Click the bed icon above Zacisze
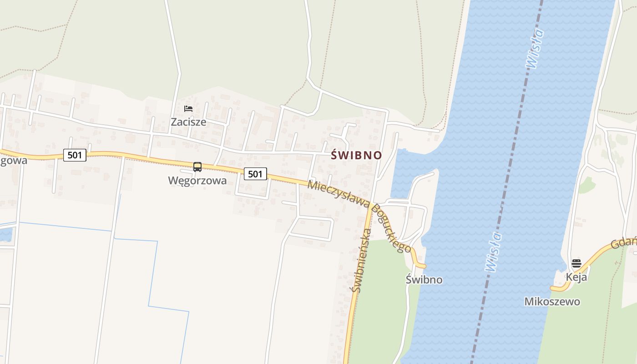click(x=188, y=108)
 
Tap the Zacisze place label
click(x=188, y=122)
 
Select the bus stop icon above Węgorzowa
click(x=197, y=167)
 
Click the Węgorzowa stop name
click(x=197, y=180)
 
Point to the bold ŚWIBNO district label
click(x=357, y=155)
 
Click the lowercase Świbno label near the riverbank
click(x=424, y=279)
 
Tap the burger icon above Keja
click(x=576, y=263)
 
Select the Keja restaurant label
click(x=576, y=277)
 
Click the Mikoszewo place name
click(x=552, y=301)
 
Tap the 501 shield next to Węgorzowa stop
click(x=255, y=174)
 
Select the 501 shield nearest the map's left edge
click(x=75, y=155)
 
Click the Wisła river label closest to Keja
click(x=494, y=252)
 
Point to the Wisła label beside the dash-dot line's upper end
click(x=534, y=49)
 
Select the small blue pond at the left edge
click(x=5, y=234)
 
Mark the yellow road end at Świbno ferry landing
click(x=423, y=266)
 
